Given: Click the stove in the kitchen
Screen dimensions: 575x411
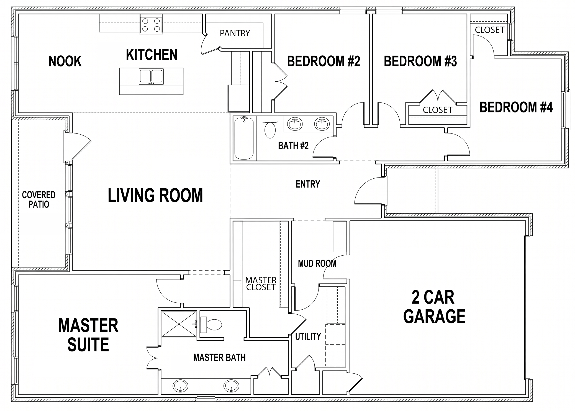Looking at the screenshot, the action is click(151, 25).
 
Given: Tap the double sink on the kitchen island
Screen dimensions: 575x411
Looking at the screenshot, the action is click(151, 77).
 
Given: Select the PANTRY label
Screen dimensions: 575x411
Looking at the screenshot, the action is click(235, 33).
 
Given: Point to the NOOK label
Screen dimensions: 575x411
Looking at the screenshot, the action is click(65, 61).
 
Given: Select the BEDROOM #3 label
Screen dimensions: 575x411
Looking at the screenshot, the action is click(420, 61).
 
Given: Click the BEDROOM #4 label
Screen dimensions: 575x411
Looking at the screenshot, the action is click(516, 107).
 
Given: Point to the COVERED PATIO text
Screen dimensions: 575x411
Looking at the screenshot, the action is click(39, 200).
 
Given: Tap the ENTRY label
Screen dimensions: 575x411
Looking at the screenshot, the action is click(308, 184).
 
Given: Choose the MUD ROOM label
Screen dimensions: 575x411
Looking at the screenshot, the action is click(317, 263).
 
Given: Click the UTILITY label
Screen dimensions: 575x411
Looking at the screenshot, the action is click(308, 336).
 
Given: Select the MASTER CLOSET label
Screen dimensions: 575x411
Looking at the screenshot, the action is click(261, 284).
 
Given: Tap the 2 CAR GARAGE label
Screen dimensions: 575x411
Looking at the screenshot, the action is click(434, 307).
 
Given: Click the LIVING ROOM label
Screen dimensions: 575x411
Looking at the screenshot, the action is click(155, 195).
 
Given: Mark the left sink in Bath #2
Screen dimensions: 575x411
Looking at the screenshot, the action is click(295, 124).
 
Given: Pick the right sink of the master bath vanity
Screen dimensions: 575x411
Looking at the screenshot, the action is click(231, 386).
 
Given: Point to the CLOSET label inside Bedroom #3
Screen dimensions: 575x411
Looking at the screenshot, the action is click(437, 110).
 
